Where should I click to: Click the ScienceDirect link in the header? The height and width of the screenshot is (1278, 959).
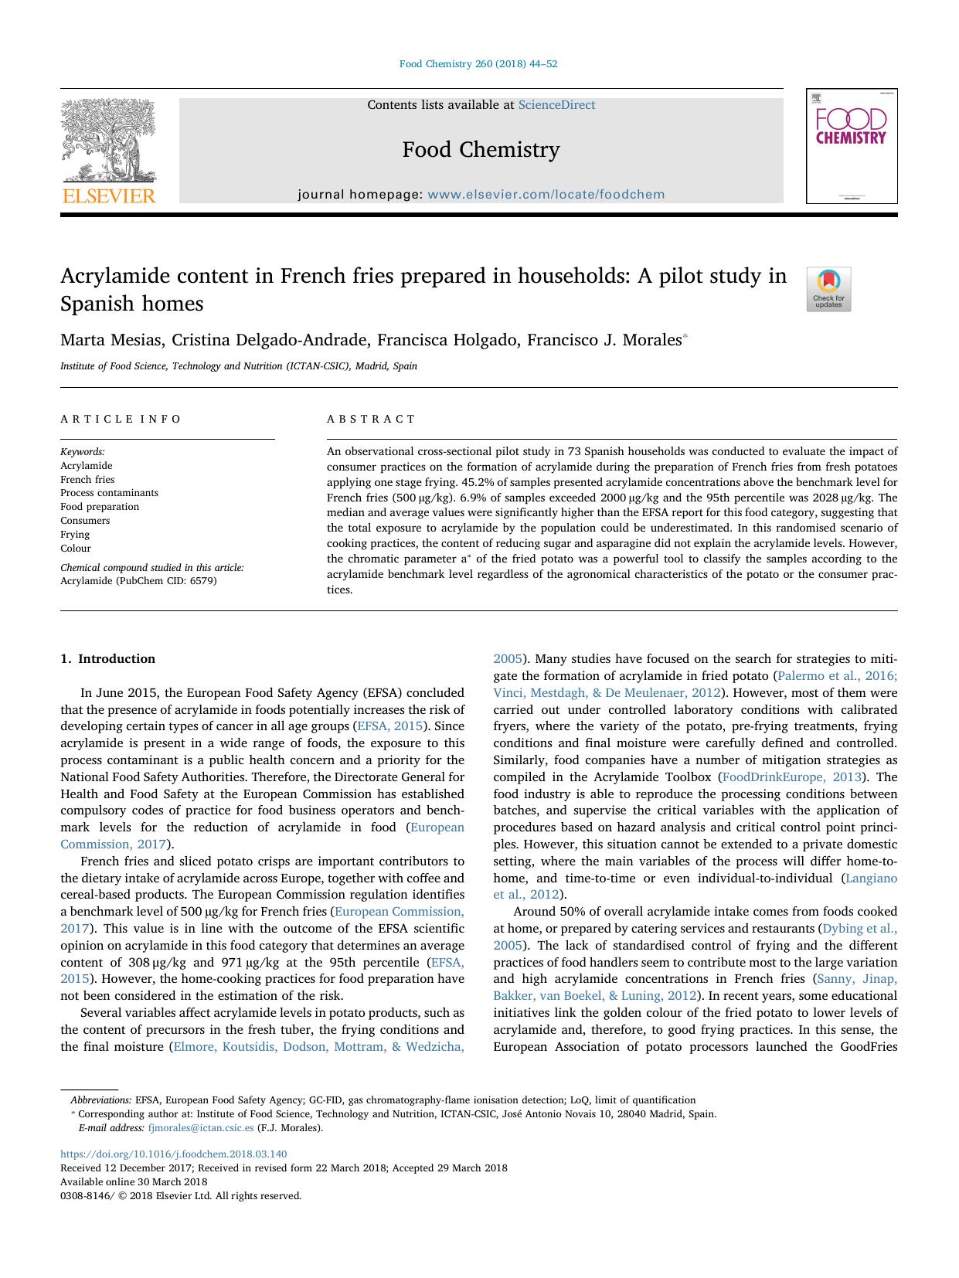556,105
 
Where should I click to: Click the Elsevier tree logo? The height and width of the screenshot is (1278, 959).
109,151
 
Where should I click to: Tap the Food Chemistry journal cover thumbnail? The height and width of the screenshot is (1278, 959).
851,146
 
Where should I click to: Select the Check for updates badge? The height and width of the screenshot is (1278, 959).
828,290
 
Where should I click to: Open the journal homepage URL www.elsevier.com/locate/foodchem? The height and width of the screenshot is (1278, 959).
546,195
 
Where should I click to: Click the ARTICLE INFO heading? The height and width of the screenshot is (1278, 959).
121,419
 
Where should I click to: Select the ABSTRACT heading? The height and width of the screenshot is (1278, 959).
371,419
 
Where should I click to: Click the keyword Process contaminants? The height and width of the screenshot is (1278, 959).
109,493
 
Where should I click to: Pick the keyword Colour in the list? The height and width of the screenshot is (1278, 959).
76,549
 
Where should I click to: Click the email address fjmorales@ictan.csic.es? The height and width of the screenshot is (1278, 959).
200,1128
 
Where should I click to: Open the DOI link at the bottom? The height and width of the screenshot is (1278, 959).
173,1154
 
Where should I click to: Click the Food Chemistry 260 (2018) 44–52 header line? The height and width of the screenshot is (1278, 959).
478,64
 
